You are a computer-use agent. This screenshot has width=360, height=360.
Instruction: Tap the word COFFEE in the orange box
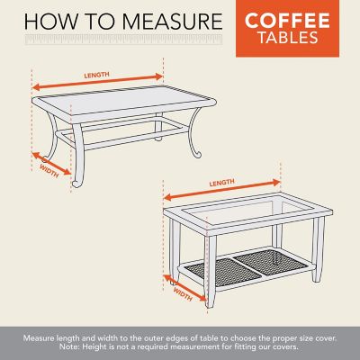click(299, 20)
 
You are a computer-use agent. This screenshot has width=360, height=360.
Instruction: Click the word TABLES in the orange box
click(299, 38)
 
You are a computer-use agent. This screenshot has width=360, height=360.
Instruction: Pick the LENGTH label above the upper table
click(98, 76)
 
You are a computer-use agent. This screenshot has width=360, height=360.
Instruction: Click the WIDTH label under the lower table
click(184, 294)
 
